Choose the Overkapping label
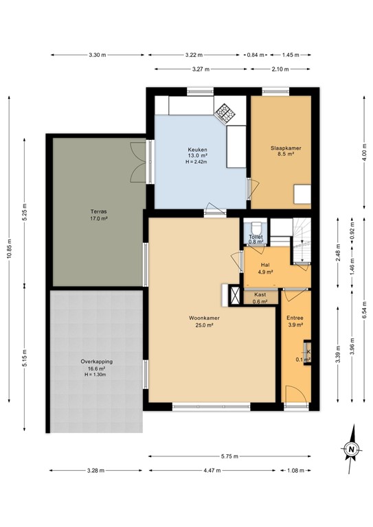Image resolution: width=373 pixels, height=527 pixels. click(96, 364)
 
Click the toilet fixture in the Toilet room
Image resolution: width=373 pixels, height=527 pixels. click(256, 227)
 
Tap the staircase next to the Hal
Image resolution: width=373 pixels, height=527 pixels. click(301, 239)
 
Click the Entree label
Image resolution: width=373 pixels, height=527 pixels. click(295, 319)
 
